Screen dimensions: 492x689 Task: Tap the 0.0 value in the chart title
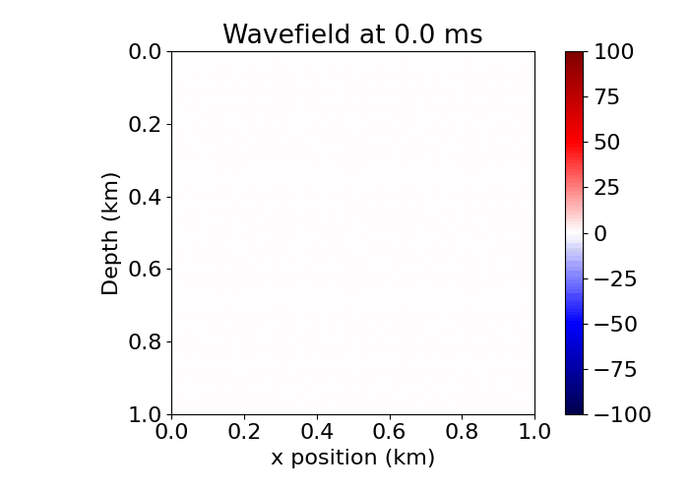point(398,34)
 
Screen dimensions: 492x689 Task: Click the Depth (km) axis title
point(110,233)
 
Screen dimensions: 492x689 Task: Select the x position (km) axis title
point(352,458)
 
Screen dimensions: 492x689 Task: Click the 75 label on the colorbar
point(608,97)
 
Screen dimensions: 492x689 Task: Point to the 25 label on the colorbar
point(608,188)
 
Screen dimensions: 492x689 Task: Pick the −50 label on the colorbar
point(615,324)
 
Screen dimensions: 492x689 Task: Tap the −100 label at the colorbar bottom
point(621,414)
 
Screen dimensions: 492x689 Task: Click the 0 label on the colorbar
point(601,233)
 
